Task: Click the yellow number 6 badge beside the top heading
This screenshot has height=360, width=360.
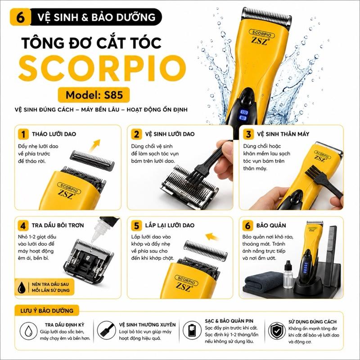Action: point(20,17)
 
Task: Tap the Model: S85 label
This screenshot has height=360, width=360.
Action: point(94,95)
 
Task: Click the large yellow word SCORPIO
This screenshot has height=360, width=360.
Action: point(102,67)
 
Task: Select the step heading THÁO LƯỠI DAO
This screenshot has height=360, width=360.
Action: point(54,134)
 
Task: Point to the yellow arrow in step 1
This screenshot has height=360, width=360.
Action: point(95,145)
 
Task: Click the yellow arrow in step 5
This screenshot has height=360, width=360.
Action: point(212,237)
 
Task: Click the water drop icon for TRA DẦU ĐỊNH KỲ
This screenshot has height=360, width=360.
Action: point(28,331)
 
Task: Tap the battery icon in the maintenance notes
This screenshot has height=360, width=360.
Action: point(192,330)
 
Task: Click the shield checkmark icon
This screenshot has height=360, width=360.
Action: point(277,331)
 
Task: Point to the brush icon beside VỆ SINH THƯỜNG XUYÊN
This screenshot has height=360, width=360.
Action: point(106,330)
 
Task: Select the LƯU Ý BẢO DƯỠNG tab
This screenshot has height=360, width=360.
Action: point(47,310)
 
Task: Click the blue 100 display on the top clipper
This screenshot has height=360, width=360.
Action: point(244,112)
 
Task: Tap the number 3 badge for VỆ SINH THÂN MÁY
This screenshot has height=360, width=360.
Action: point(248,134)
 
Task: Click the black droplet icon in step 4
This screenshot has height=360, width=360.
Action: point(22,287)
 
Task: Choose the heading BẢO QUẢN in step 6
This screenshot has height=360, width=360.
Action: point(271,225)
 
